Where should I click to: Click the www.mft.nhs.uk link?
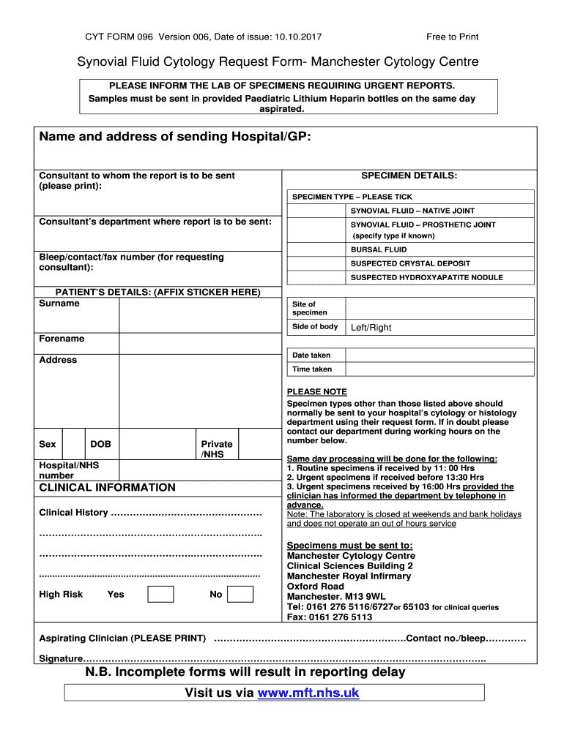click(x=308, y=693)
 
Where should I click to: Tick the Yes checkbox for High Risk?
click(x=160, y=594)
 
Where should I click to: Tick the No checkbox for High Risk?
click(x=240, y=594)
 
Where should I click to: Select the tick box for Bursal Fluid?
click(x=316, y=249)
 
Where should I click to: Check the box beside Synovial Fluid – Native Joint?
click(x=316, y=211)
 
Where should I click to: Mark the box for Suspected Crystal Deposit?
click(x=316, y=263)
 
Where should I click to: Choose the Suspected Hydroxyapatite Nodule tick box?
click(x=316, y=277)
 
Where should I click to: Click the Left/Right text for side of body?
click(x=371, y=328)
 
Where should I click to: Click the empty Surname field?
click(x=200, y=315)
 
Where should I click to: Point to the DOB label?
click(x=100, y=444)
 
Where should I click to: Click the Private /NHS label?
click(x=216, y=449)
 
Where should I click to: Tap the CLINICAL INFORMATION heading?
click(x=107, y=488)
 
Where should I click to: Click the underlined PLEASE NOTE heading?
click(x=317, y=392)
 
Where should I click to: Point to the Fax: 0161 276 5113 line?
click(x=330, y=617)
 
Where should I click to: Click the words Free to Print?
click(x=452, y=37)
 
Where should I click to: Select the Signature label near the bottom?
click(x=60, y=659)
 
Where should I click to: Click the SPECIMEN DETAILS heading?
click(x=409, y=176)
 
